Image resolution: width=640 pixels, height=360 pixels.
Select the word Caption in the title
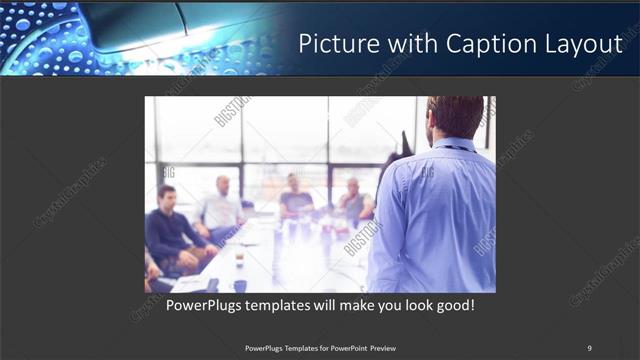tap(484, 44)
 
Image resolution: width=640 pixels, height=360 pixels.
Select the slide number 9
tap(589, 348)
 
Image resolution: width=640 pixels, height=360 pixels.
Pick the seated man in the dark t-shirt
tap(295, 199)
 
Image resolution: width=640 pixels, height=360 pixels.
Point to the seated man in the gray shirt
tap(353, 203)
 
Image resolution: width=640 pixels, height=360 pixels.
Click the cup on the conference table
tap(240, 259)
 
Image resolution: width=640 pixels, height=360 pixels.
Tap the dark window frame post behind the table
tap(242, 150)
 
